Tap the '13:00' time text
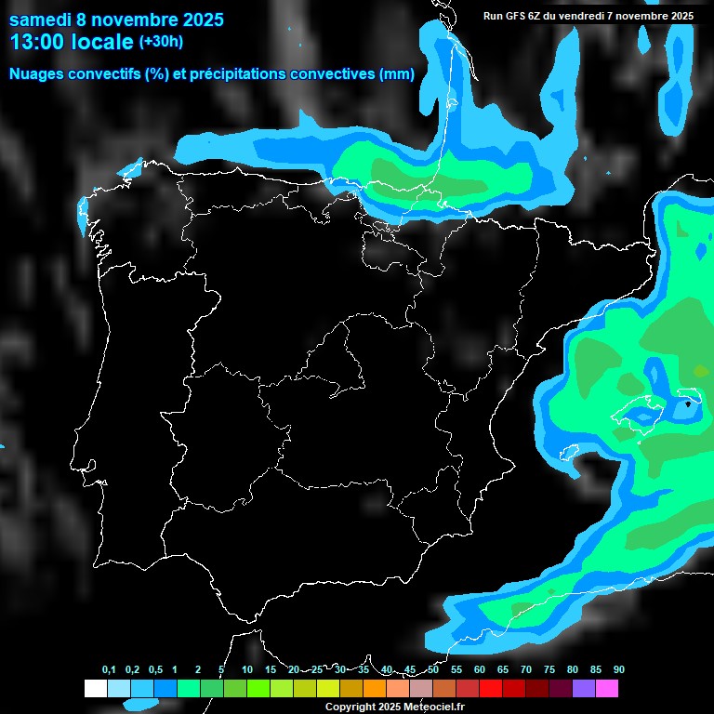point(38,42)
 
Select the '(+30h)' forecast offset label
point(161,42)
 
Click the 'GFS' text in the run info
point(520,16)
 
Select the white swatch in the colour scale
point(95,689)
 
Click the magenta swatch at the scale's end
point(607,689)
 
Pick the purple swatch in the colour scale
point(584,689)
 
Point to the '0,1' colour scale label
point(109,670)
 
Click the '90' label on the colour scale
point(618,670)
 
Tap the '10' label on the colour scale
point(246,670)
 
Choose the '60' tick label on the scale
point(479,670)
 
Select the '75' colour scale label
point(549,670)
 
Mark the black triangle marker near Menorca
point(688,404)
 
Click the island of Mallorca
point(641,409)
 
